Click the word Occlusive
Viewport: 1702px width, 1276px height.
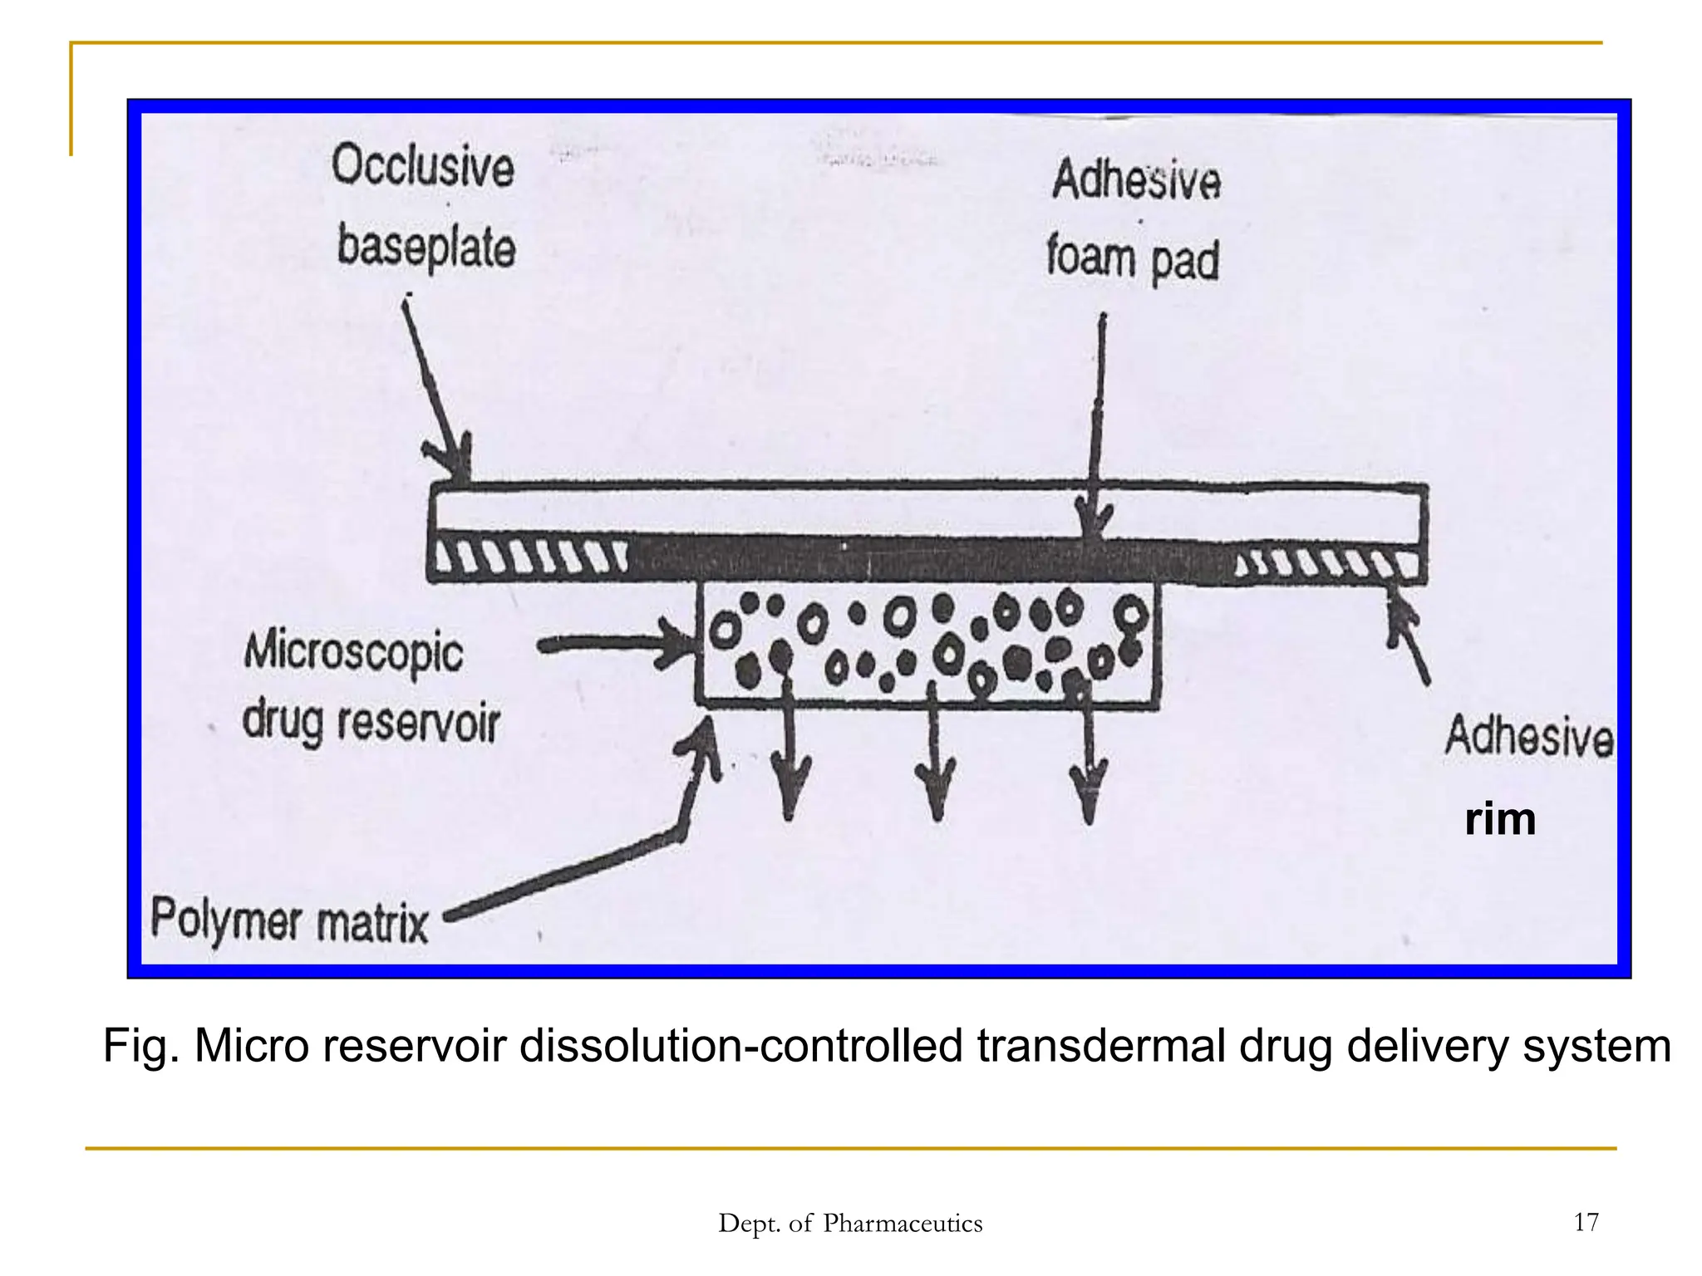(x=423, y=166)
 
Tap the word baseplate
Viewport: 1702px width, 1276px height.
(x=426, y=247)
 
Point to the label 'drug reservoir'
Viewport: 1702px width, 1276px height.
(x=371, y=722)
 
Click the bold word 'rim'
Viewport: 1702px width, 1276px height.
(x=1500, y=820)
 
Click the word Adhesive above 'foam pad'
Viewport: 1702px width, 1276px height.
(x=1137, y=180)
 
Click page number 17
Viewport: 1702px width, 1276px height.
(x=1586, y=1222)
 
